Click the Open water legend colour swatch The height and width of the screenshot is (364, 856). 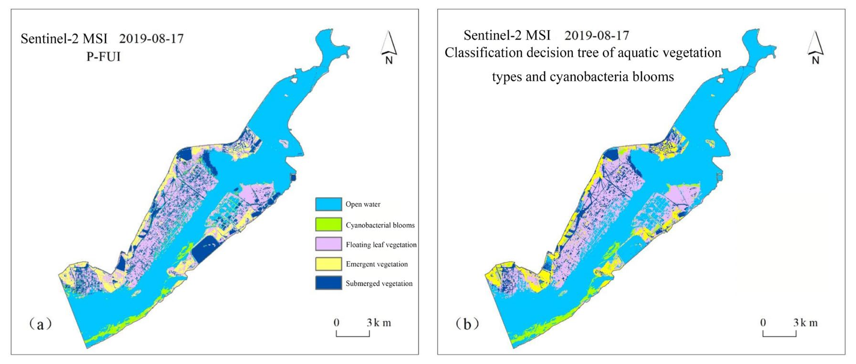328,204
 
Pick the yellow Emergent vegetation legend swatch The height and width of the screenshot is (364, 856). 328,264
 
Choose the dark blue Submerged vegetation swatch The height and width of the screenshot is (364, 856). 328,283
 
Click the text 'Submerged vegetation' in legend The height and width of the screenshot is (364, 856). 379,283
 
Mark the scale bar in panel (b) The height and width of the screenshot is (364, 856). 779,334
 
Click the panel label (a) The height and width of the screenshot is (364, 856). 40,324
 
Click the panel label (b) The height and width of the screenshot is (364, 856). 467,324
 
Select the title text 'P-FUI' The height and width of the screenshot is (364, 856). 103,57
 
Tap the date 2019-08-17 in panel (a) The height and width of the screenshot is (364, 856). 151,39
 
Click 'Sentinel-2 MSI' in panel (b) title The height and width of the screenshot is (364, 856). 507,35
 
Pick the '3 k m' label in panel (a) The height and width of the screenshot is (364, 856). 379,323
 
